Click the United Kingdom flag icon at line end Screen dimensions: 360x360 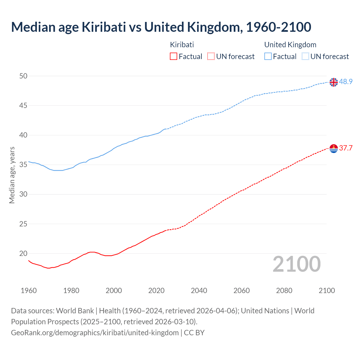pyautogui.click(x=334, y=82)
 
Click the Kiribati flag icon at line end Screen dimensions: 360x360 pyautogui.click(x=334, y=148)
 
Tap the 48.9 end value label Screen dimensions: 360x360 pyautogui.click(x=346, y=82)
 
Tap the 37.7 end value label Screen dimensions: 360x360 pyautogui.click(x=346, y=148)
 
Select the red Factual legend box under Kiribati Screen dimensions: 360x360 pyautogui.click(x=174, y=57)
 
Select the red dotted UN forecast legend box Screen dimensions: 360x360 pyautogui.click(x=211, y=57)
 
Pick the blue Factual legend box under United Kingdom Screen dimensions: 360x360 pyautogui.click(x=268, y=57)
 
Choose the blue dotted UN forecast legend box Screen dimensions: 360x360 pyautogui.click(x=305, y=57)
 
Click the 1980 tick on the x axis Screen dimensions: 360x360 pyautogui.click(x=71, y=291)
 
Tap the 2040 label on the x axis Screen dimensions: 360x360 pyautogui.click(x=199, y=291)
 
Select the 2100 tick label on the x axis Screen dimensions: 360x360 pyautogui.click(x=327, y=291)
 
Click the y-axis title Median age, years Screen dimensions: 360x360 pyautogui.click(x=12, y=175)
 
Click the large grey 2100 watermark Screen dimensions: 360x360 pyautogui.click(x=297, y=264)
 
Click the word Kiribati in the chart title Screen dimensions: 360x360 pyautogui.click(x=104, y=27)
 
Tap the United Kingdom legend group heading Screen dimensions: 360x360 pyautogui.click(x=290, y=45)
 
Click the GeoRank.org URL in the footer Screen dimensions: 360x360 pyautogui.click(x=95, y=333)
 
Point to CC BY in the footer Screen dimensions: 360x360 pyautogui.click(x=194, y=333)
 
